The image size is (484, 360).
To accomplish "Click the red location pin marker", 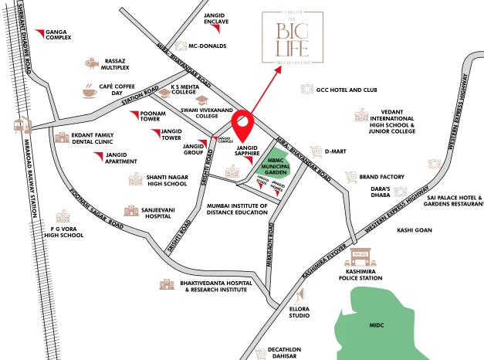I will click(x=243, y=125).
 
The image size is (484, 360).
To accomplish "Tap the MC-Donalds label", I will click(x=207, y=46).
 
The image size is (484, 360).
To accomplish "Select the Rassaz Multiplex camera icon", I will click(x=91, y=65).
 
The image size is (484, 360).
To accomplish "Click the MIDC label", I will click(x=376, y=325).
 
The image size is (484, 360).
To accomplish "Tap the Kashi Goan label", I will click(x=414, y=229).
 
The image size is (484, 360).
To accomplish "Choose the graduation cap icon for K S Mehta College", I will click(x=201, y=100).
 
